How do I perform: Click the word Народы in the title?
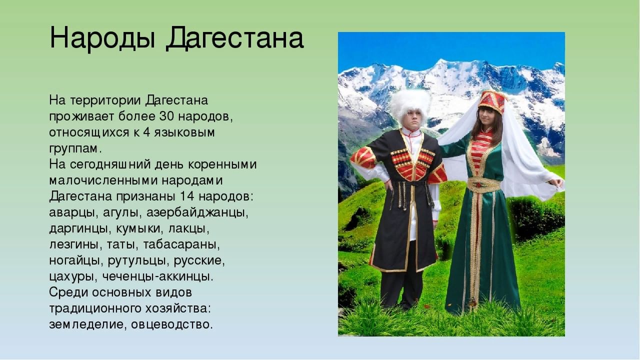[x=102, y=38]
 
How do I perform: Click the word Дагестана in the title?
[x=235, y=39]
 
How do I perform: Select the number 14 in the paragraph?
[x=187, y=196]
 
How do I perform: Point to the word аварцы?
[x=73, y=213]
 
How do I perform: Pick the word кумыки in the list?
[x=138, y=229]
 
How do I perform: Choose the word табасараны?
[x=181, y=245]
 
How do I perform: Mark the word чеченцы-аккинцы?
[x=157, y=276]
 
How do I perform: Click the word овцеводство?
[x=172, y=324]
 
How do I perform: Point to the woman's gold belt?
[x=484, y=184]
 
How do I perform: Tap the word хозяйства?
[x=177, y=309]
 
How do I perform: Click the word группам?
[x=75, y=149]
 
